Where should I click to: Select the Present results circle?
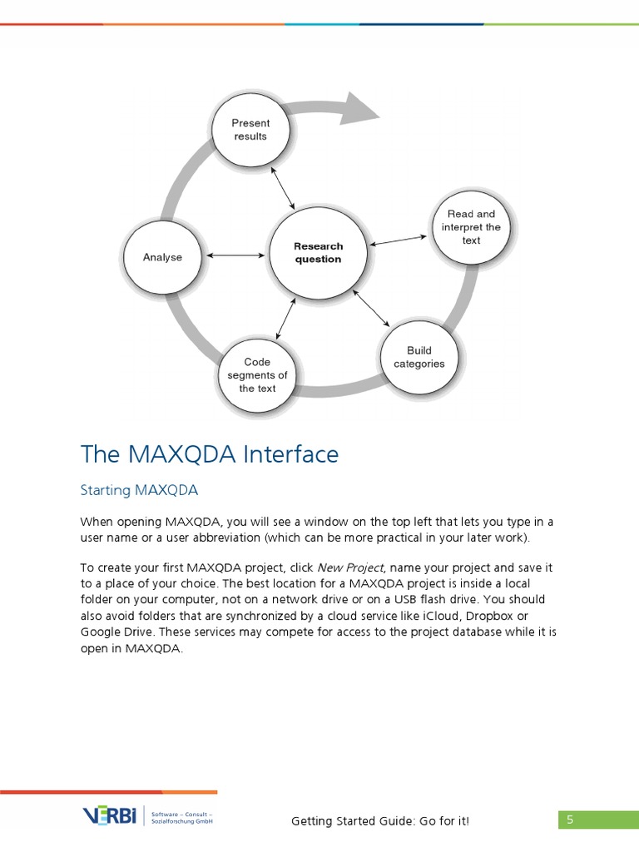250,130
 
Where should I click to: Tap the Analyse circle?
162,257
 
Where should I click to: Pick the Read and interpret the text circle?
472,227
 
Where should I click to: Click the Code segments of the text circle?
258,375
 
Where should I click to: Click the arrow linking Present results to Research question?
279,186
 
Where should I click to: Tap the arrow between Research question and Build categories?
370,307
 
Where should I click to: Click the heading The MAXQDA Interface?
210,454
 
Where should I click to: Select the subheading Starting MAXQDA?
139,490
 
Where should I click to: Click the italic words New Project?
349,567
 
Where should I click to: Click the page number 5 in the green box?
570,820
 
